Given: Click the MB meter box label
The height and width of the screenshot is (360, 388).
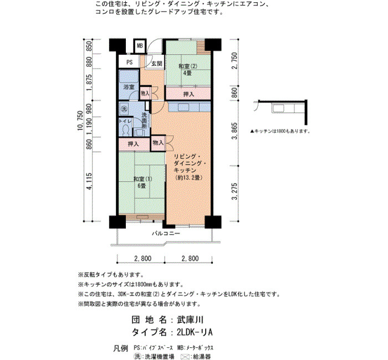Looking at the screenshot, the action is pos(140,46).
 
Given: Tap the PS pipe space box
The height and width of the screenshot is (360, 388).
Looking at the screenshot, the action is pos(129,62).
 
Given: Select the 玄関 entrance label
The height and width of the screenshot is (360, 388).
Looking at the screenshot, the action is pos(157,64).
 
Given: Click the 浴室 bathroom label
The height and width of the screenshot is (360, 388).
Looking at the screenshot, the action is pos(129,87).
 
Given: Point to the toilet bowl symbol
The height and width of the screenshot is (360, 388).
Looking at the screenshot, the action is pos(126,130).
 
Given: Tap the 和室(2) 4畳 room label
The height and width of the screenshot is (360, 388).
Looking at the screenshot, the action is pos(187,69).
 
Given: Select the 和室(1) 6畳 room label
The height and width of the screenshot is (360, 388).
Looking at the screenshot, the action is pos(142,182).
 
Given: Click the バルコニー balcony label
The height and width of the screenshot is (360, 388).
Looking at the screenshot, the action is pos(166,233).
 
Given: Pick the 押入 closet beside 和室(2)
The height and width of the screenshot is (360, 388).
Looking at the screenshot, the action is pos(188,94).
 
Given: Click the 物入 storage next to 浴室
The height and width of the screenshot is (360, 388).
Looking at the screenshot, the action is pos(145,93).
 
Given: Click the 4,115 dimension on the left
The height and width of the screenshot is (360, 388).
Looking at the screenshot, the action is pos(89,181).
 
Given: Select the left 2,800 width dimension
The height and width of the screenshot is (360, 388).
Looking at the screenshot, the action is pos(143,259).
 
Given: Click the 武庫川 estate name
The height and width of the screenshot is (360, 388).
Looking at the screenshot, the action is pos(190,320).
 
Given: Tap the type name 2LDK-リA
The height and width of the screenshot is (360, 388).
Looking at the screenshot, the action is pos(195,332).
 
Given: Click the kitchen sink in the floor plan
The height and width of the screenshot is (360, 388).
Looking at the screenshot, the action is pos(183,107).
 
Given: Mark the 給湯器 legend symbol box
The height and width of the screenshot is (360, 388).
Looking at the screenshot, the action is pos(186,357).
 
